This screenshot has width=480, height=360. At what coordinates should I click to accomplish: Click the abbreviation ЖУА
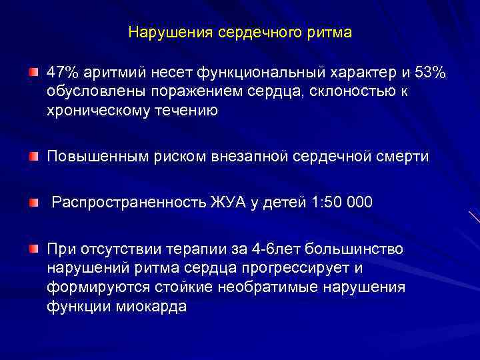[227, 202]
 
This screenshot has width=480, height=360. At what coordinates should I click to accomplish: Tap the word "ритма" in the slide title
[332, 32]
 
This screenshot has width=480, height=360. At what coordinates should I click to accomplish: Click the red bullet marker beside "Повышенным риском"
[33, 156]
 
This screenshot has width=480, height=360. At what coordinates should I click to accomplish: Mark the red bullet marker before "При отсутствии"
[33, 249]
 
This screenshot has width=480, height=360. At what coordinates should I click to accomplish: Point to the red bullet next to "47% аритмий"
[33, 71]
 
